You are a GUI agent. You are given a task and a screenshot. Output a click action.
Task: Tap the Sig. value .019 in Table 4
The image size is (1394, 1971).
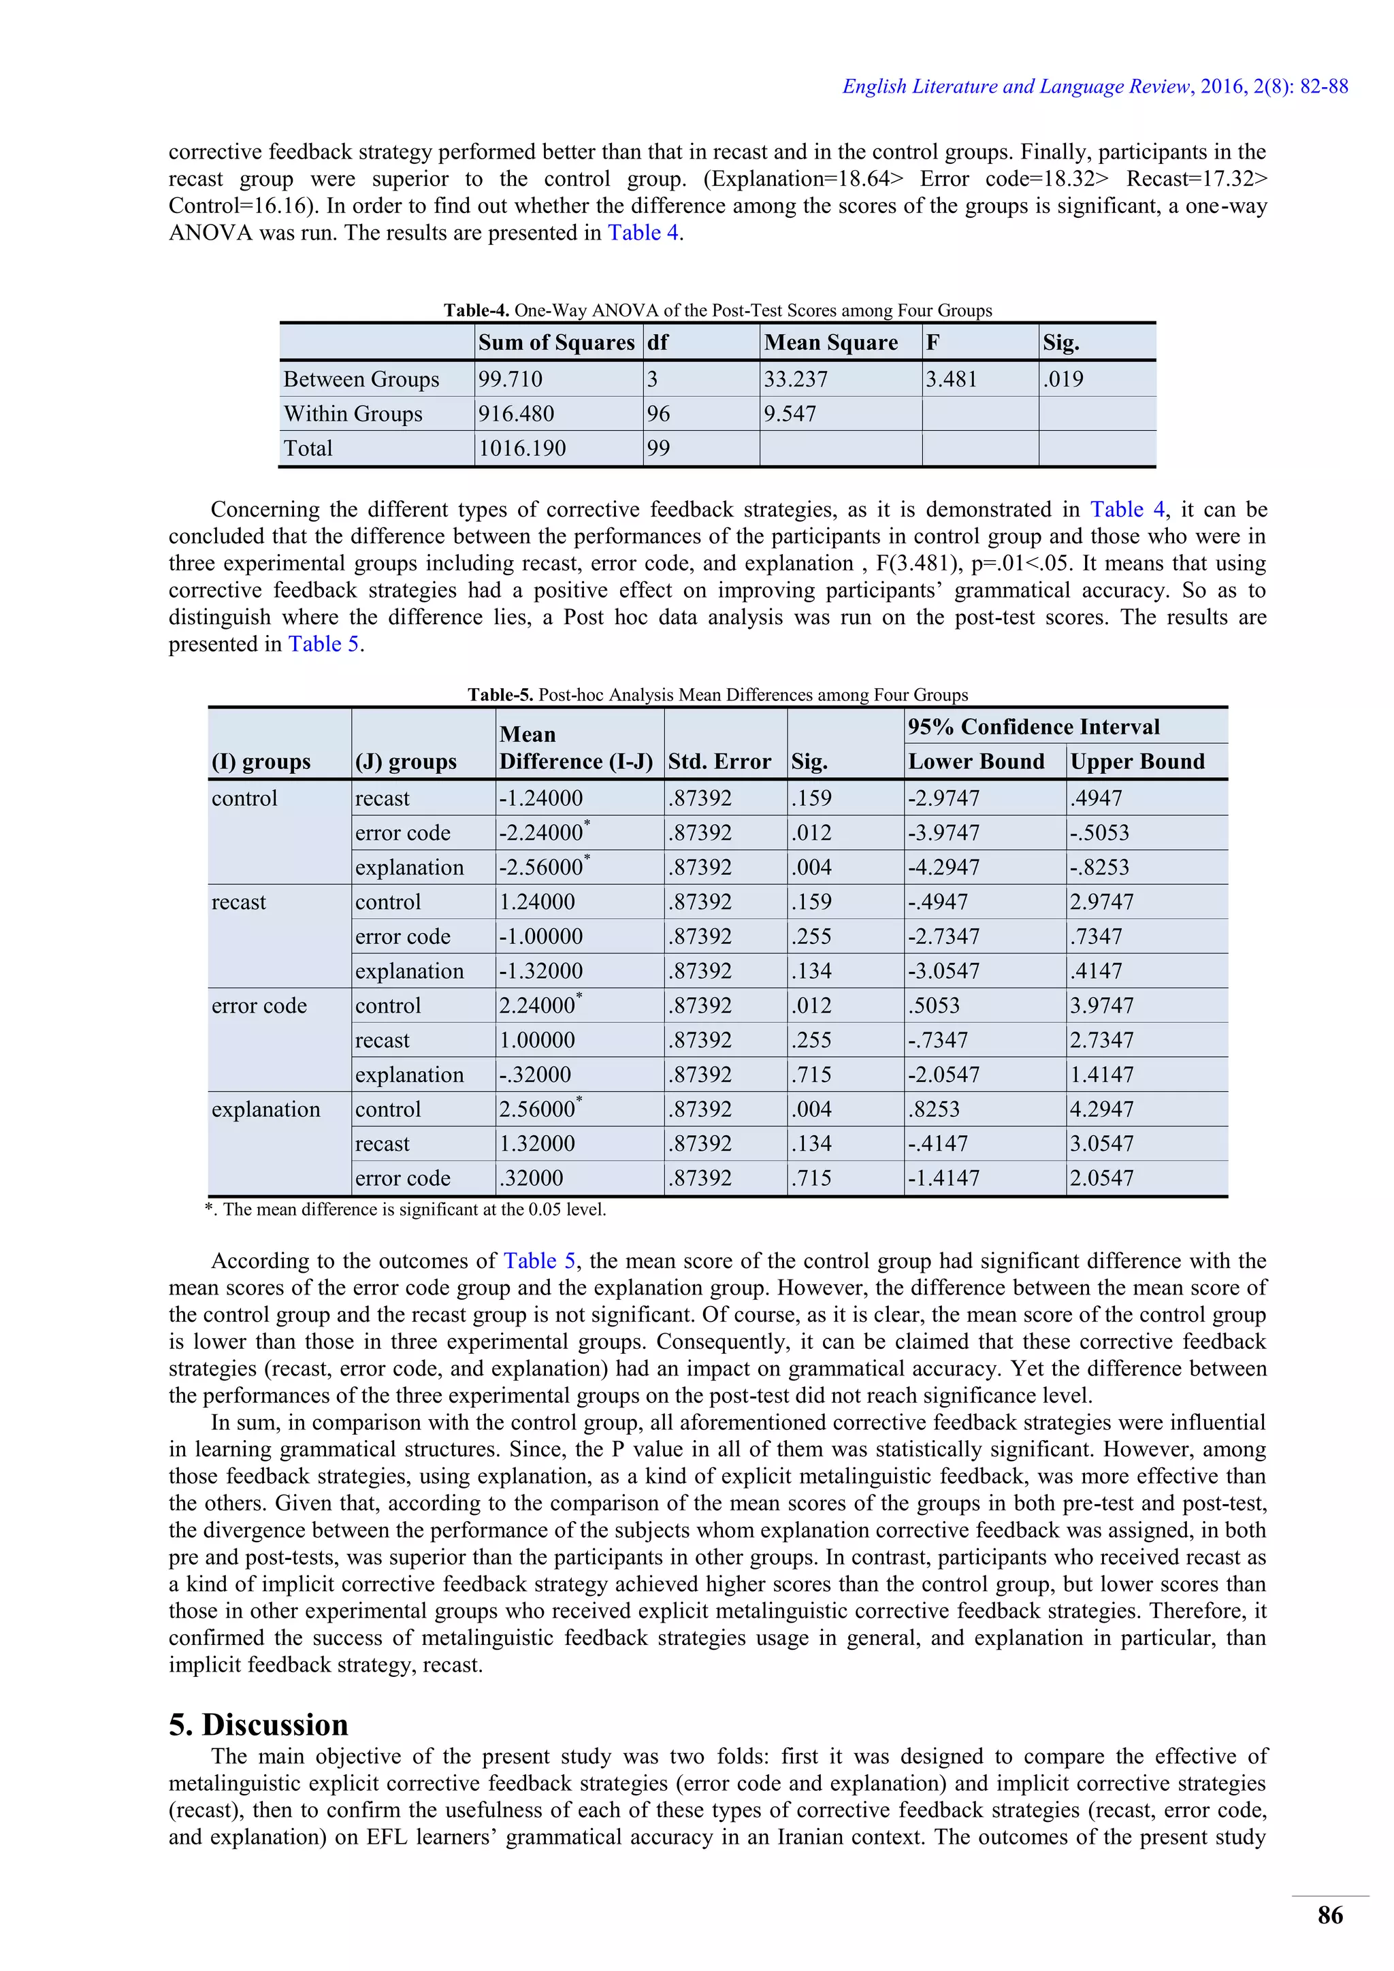[1063, 380]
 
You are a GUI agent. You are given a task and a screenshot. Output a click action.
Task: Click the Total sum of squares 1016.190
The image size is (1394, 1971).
[522, 448]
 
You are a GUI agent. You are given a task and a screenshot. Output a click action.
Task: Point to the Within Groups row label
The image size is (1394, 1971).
[353, 414]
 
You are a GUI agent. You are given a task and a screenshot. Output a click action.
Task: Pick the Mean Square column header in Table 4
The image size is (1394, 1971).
[831, 342]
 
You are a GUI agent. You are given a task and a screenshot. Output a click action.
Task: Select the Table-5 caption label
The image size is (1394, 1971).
[500, 694]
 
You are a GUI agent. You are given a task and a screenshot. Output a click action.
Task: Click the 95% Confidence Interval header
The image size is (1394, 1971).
[1033, 727]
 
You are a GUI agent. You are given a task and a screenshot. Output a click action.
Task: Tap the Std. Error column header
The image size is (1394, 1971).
[719, 762]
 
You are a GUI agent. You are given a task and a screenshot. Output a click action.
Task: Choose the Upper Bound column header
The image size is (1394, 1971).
[1137, 762]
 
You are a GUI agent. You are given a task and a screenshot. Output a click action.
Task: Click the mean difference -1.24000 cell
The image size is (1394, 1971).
[540, 798]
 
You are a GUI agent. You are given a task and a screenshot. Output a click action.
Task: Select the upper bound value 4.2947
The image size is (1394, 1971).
[1101, 1109]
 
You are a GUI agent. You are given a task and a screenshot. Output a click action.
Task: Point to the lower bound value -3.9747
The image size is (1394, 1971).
[943, 832]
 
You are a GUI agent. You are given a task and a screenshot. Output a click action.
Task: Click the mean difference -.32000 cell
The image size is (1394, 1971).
[535, 1075]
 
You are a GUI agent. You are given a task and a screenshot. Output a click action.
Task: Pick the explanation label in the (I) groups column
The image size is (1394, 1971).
[265, 1109]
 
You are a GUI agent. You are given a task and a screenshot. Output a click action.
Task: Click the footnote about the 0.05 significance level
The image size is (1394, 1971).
[405, 1209]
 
